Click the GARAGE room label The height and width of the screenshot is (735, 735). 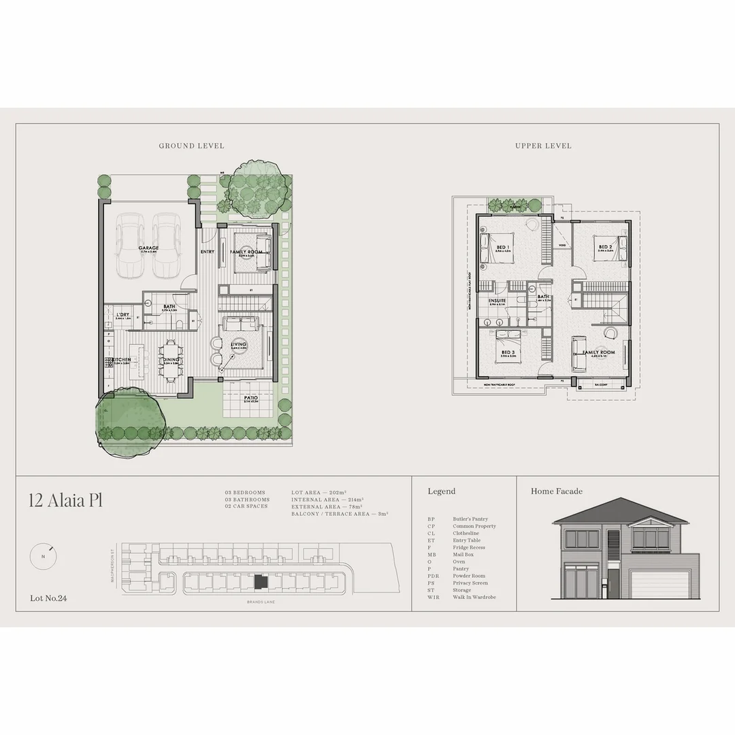148,248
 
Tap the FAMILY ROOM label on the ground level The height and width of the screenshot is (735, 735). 246,252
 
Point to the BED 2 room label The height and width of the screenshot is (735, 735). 605,247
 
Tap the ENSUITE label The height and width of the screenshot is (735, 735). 497,300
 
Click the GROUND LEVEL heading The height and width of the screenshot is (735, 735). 191,146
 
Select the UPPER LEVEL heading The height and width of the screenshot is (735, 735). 543,146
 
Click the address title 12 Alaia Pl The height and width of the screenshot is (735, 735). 65,501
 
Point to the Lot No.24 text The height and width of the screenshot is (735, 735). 48,599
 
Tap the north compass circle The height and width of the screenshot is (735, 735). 43,557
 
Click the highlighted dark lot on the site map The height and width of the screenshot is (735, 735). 259,583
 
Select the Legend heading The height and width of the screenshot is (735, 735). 442,491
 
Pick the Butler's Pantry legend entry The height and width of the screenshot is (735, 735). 470,519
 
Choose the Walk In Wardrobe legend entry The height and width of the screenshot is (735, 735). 474,598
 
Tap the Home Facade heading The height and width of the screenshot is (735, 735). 557,491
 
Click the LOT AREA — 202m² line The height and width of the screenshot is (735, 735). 319,492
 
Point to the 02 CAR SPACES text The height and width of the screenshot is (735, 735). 246,506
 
